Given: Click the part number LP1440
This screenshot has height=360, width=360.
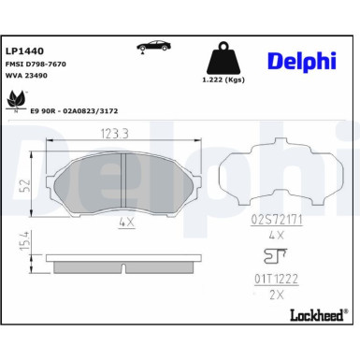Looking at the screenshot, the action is coord(25,50).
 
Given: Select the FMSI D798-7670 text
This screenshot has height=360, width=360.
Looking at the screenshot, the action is coord(36,65).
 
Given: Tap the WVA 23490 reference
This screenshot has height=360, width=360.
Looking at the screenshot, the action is coord(26,76).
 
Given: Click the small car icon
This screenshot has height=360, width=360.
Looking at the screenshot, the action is coord(153,47).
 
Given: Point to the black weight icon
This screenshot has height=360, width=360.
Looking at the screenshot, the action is coord(223,58).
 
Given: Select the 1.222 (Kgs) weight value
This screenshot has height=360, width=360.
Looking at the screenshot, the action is coord(223,79).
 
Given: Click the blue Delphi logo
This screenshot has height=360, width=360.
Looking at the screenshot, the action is coord(302,61).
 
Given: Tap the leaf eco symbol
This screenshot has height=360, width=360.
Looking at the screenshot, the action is coord(17,100).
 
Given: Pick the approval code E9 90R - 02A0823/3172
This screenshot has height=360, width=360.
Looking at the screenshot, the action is coord(74,111).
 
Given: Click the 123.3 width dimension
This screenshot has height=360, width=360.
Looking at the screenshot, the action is coord(115,134).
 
